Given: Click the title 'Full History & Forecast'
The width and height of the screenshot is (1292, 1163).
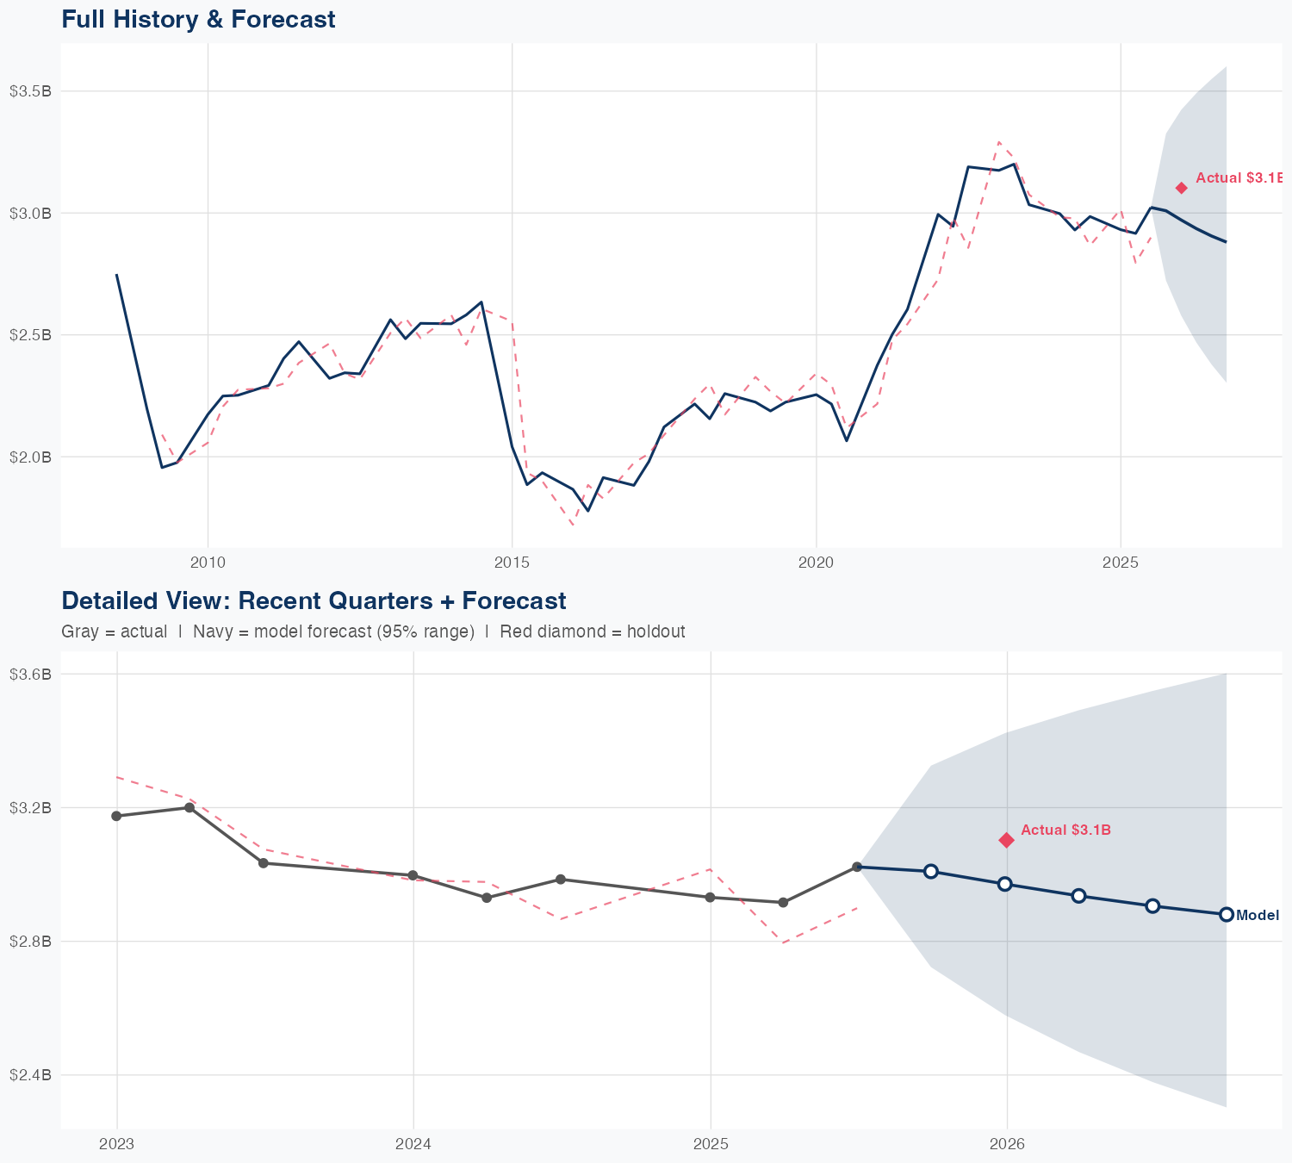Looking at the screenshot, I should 198,19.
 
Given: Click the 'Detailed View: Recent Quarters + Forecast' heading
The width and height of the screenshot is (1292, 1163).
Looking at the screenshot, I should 314,600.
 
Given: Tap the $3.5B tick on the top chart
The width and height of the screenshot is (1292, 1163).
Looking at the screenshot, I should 30,91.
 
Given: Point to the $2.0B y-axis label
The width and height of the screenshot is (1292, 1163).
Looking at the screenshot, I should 30,457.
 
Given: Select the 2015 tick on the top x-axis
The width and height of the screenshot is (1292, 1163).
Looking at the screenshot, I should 512,563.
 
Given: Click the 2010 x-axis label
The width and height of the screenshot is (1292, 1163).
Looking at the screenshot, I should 208,563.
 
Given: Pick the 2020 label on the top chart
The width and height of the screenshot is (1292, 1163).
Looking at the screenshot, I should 816,563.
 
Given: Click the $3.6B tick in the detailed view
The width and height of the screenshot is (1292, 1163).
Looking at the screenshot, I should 30,674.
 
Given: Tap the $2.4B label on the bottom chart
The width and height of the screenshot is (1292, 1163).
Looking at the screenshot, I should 30,1075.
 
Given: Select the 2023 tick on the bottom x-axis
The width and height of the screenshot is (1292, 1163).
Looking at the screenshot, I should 116,1144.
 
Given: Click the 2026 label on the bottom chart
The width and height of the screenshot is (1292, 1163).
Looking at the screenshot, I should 1007,1144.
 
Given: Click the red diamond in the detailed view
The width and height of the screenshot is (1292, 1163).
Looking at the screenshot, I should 1006,840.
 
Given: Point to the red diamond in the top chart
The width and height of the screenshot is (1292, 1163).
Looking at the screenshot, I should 1182,188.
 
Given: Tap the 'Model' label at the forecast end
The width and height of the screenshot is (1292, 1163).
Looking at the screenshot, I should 1258,916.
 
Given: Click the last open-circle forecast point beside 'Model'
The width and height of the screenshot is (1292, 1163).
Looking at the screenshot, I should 1227,915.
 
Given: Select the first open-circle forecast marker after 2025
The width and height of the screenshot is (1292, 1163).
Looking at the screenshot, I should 931,871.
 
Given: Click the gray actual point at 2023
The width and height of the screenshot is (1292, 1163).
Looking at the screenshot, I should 116,816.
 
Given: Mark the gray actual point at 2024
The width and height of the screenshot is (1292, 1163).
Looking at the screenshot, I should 413,875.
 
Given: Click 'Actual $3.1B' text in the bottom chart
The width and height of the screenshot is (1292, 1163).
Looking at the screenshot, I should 1065,830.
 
